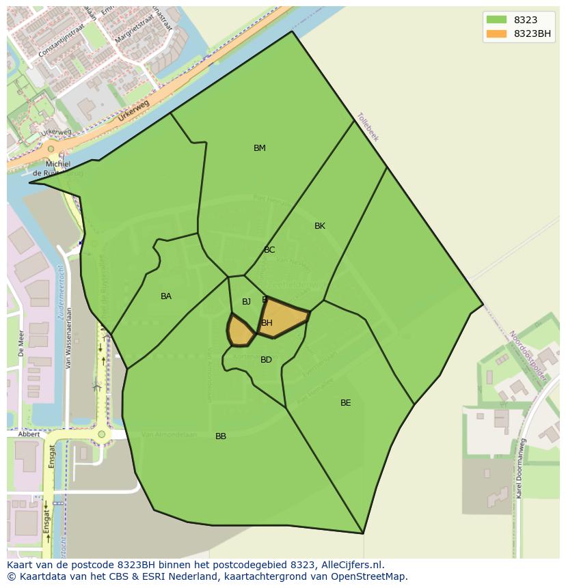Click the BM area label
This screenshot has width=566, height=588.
[260, 148]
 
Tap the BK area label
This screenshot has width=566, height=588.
[320, 226]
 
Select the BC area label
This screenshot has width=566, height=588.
[269, 250]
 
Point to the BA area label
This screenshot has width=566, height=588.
[166, 296]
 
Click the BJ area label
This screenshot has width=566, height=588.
[246, 302]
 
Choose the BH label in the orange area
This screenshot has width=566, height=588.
[267, 323]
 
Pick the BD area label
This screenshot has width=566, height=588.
[266, 360]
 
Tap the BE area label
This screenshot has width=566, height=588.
[346, 403]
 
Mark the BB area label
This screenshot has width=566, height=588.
[221, 436]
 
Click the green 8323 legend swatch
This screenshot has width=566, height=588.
[496, 20]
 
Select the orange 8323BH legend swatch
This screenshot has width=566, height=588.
[496, 33]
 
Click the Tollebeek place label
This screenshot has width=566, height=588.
[368, 127]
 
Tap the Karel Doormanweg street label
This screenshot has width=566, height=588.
[521, 468]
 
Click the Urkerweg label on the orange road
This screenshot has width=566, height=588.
[133, 110]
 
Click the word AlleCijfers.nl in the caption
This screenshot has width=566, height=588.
[351, 565]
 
